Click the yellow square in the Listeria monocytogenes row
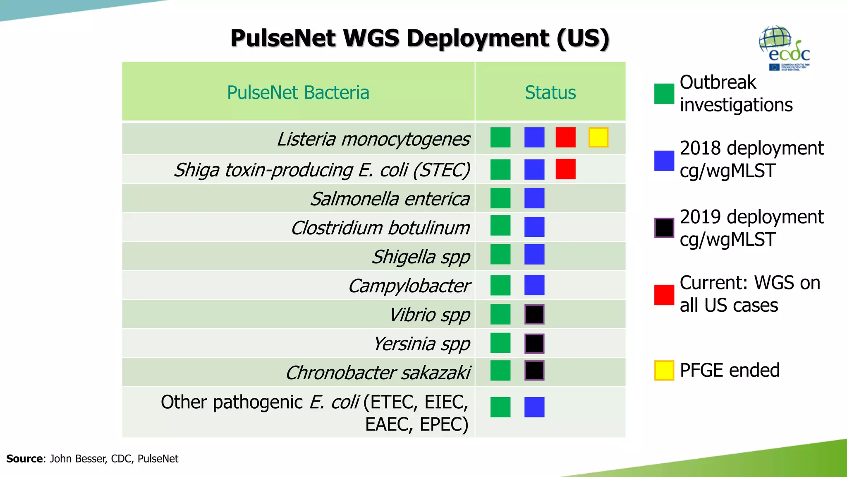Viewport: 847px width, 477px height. tap(598, 137)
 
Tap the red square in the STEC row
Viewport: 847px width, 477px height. tap(565, 169)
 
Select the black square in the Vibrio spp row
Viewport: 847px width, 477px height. tap(534, 314)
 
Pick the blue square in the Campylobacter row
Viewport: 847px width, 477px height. tap(534, 285)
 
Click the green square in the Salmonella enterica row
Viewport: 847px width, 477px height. tap(500, 198)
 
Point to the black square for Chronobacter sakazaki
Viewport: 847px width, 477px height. tap(534, 371)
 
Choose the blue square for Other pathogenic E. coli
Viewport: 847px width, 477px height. tap(534, 407)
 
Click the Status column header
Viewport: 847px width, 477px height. tap(550, 92)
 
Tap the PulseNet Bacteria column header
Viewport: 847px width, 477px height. tap(298, 92)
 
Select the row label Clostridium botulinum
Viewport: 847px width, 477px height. tap(380, 228)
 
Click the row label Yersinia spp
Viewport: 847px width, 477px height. tap(421, 344)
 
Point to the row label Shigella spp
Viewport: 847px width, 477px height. tap(421, 257)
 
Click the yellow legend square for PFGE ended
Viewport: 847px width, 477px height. tap(664, 370)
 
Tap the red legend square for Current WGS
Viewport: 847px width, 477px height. tap(664, 295)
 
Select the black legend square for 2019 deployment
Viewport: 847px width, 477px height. tap(664, 228)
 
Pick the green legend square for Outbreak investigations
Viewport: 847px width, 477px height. tap(664, 94)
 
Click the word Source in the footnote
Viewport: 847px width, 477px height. tap(24, 459)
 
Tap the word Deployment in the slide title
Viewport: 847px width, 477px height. tap(478, 39)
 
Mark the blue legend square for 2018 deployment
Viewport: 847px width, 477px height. tap(664, 161)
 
